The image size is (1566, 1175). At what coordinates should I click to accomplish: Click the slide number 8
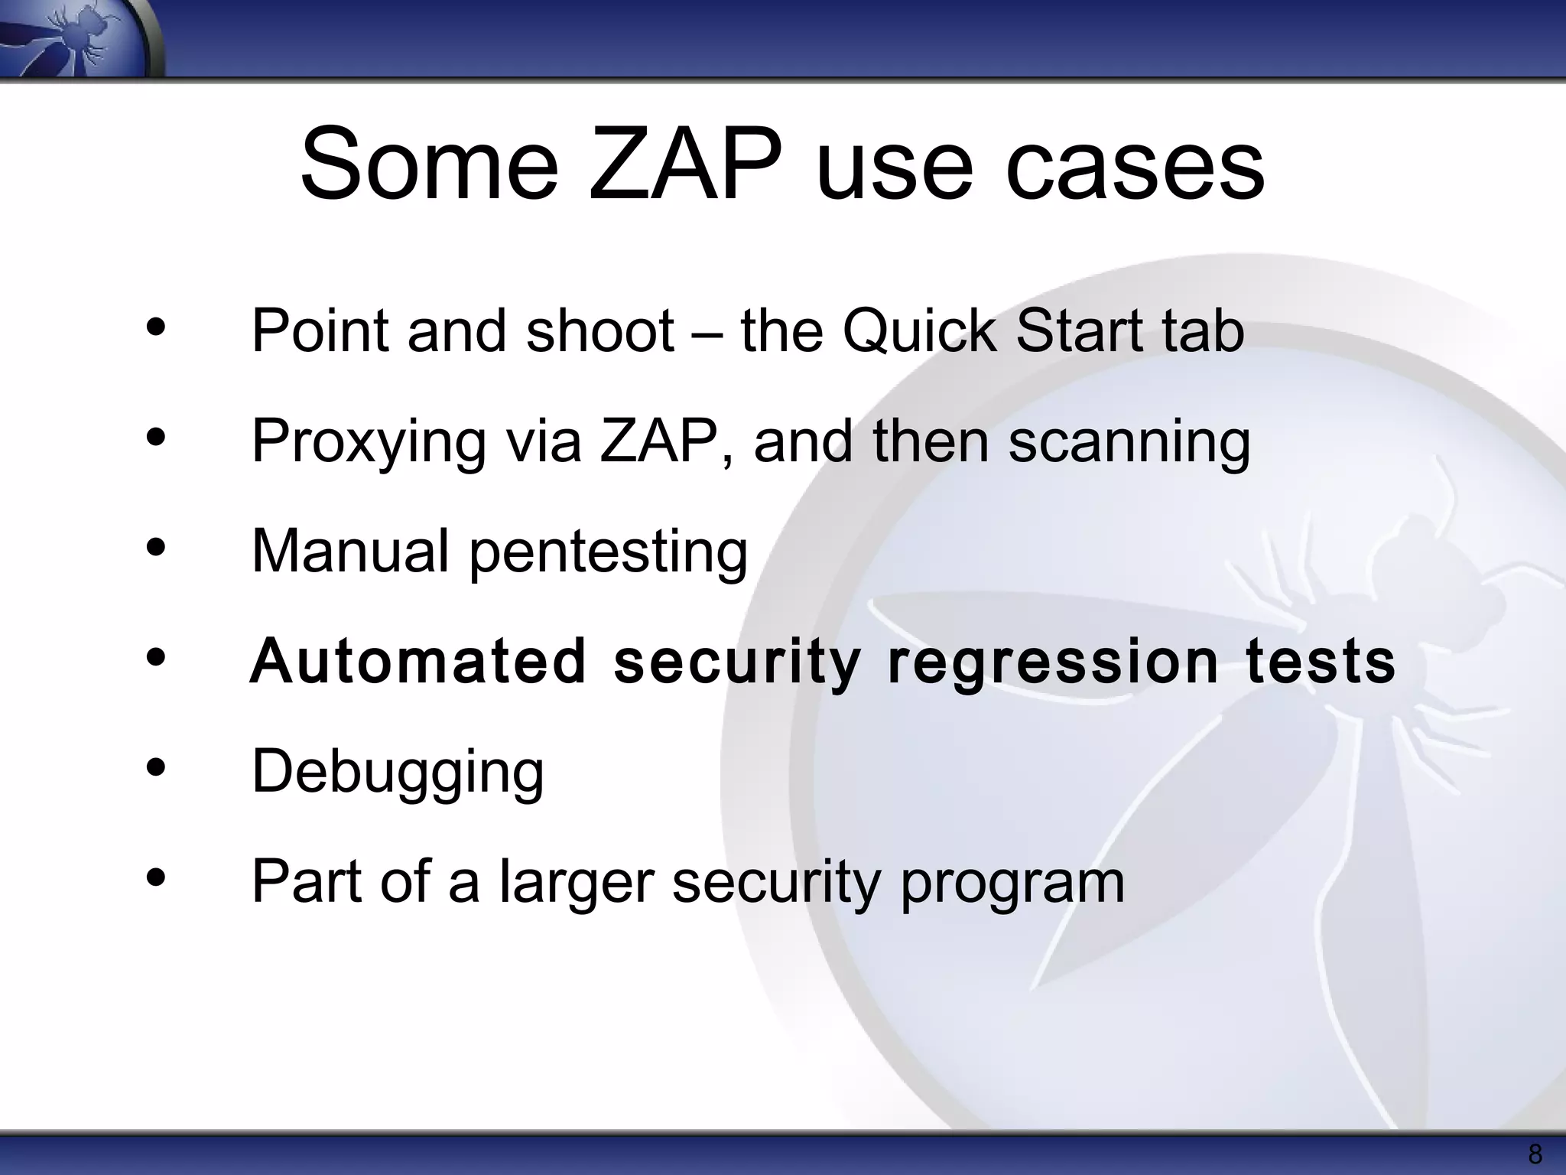1534,1154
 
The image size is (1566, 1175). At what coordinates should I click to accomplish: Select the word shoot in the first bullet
600,331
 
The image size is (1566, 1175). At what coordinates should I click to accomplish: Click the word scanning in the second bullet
1129,442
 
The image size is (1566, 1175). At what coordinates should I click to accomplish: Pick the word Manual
350,551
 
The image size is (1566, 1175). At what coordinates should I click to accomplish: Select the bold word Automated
417,661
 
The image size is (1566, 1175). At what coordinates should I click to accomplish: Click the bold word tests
1321,661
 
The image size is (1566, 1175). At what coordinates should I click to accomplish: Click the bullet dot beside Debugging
155,768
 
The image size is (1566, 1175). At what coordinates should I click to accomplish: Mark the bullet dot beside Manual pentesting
155,548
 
